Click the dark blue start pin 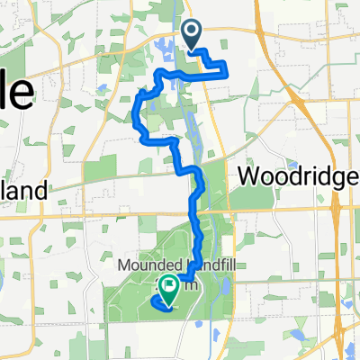193,33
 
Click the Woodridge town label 297,178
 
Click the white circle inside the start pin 193,31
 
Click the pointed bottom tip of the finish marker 168,301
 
